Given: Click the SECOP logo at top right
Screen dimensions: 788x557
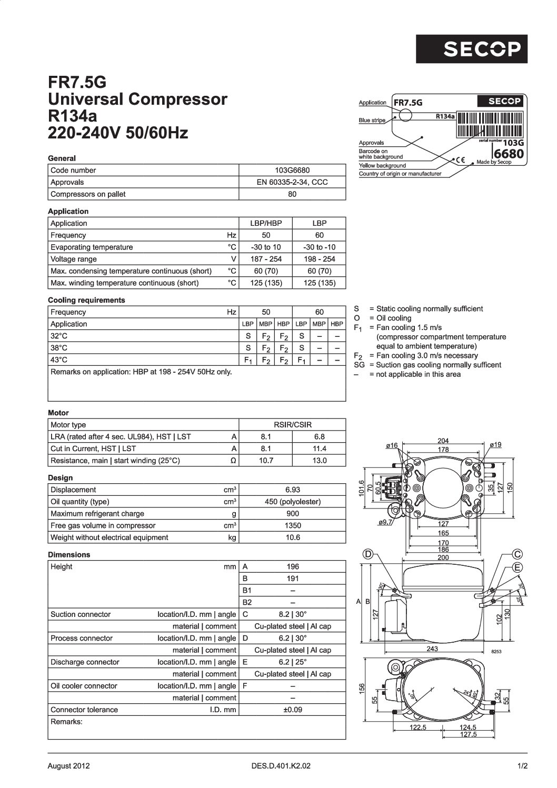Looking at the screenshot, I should coord(471,48).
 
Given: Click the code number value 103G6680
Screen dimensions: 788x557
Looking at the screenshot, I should coord(292,171).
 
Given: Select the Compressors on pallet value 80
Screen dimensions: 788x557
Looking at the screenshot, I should coord(292,194).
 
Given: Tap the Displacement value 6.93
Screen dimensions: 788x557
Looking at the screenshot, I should coord(292,490).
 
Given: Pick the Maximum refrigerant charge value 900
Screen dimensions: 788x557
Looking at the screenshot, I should coord(292,514).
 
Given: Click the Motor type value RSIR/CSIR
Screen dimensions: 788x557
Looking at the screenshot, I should coord(292,425).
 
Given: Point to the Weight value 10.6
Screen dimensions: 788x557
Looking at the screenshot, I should coord(292,537).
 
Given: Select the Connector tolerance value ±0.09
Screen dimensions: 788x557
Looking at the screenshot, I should coord(292,710).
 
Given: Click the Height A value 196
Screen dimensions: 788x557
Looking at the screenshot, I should coord(292,567).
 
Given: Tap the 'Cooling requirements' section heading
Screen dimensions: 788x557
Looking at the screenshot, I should coord(86,300).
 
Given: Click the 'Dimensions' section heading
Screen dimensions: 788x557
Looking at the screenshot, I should coord(69,555).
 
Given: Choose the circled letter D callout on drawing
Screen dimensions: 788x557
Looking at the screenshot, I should coord(369,554).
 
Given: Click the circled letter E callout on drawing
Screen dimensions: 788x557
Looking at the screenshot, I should coord(518,567).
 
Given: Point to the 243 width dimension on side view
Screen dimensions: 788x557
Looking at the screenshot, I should coord(432,649).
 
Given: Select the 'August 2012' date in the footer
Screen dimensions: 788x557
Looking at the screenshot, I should coord(68,766).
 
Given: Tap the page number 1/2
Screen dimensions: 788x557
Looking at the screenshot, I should coord(522,766).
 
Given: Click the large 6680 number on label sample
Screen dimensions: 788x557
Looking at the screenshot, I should coord(508,154).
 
